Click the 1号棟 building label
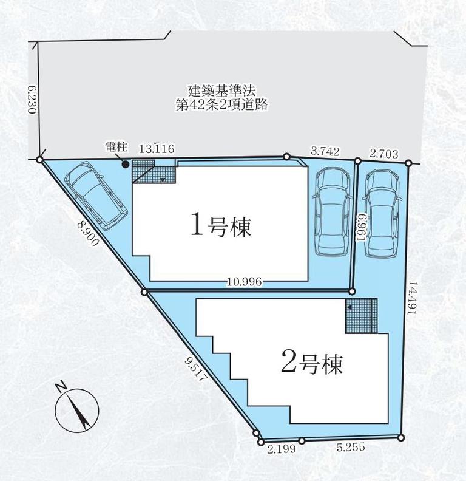click(221, 227)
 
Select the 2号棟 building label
click(311, 364)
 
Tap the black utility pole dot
click(125, 165)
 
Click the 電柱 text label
click(116, 146)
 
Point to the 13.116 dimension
click(157, 149)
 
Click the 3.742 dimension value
click(325, 151)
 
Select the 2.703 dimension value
click(384, 154)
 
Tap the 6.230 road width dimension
click(32, 100)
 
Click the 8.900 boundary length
click(88, 233)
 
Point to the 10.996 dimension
click(245, 281)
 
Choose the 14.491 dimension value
click(412, 298)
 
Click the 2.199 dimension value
click(282, 449)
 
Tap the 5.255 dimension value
click(351, 447)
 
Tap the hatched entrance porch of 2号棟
click(361, 315)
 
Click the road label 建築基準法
click(221, 91)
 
